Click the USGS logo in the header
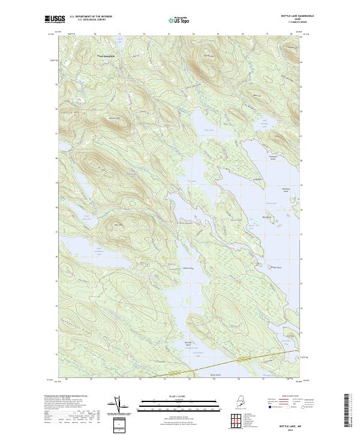[55, 20]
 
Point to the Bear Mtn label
[118, 226]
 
